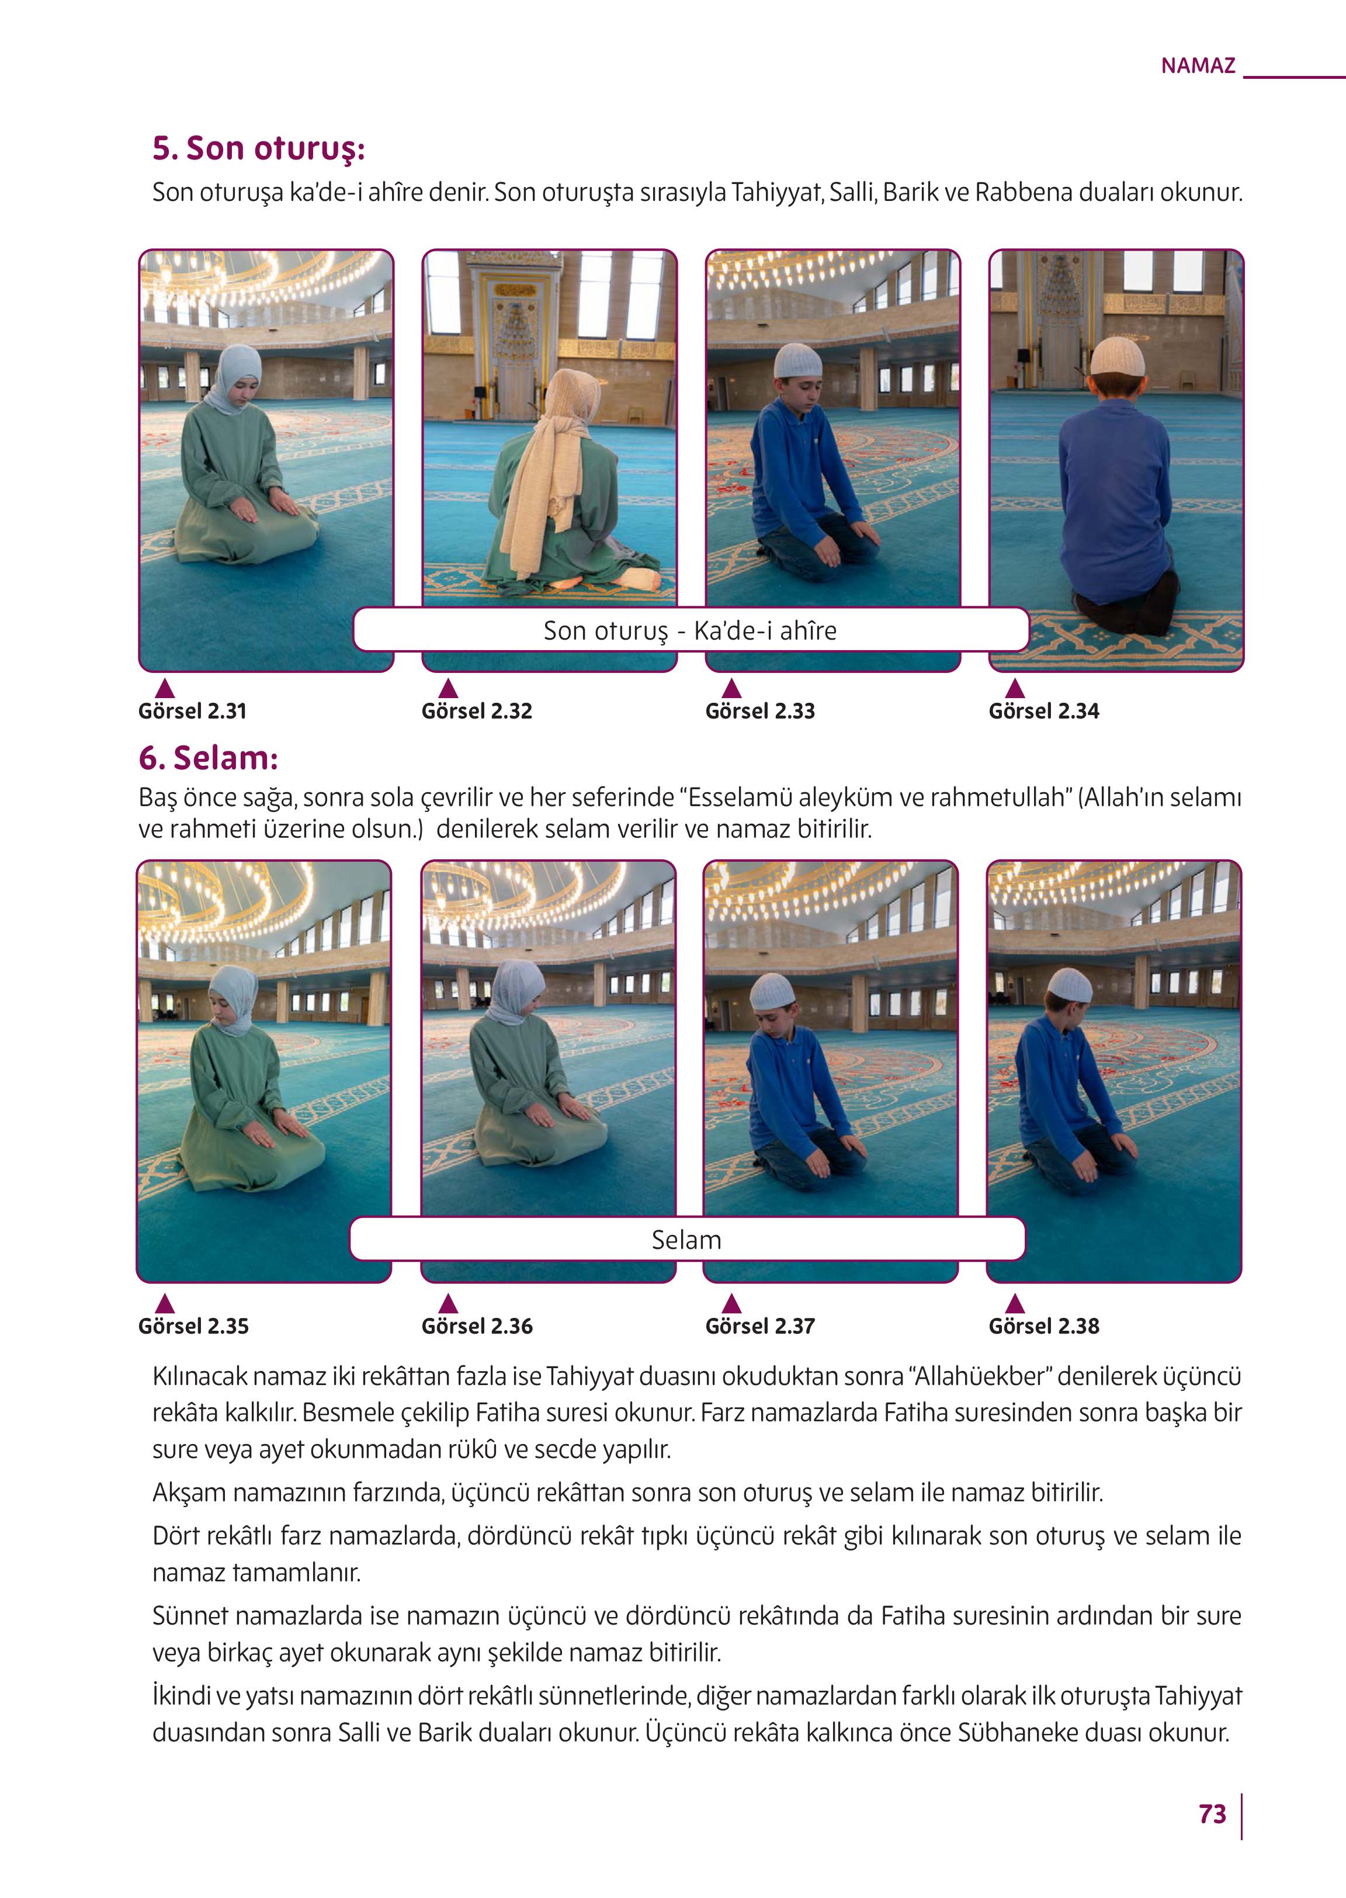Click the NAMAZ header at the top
(x=1198, y=65)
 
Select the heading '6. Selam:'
(x=208, y=758)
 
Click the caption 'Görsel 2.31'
(x=192, y=711)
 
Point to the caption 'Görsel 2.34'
(x=1043, y=711)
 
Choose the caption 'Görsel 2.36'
(x=477, y=1326)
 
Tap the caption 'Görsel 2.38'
(x=1043, y=1326)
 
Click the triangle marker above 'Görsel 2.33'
(x=731, y=688)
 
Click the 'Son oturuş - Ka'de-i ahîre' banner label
(x=689, y=631)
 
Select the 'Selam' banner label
(x=686, y=1240)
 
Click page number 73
(x=1212, y=1814)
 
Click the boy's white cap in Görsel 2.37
(x=772, y=992)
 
